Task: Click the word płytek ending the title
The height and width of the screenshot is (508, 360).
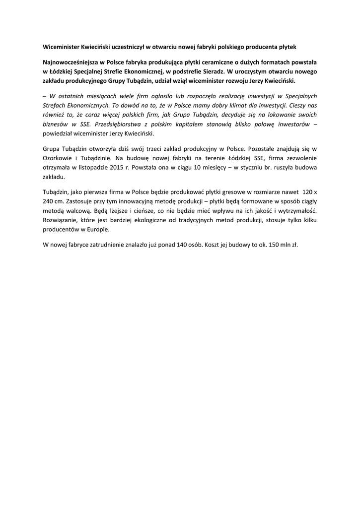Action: pos(286,47)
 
